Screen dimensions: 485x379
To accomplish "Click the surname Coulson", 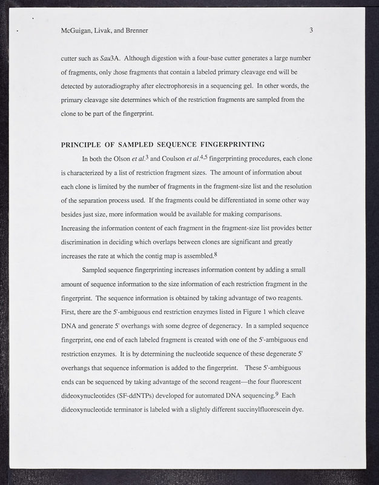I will tap(174, 161).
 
